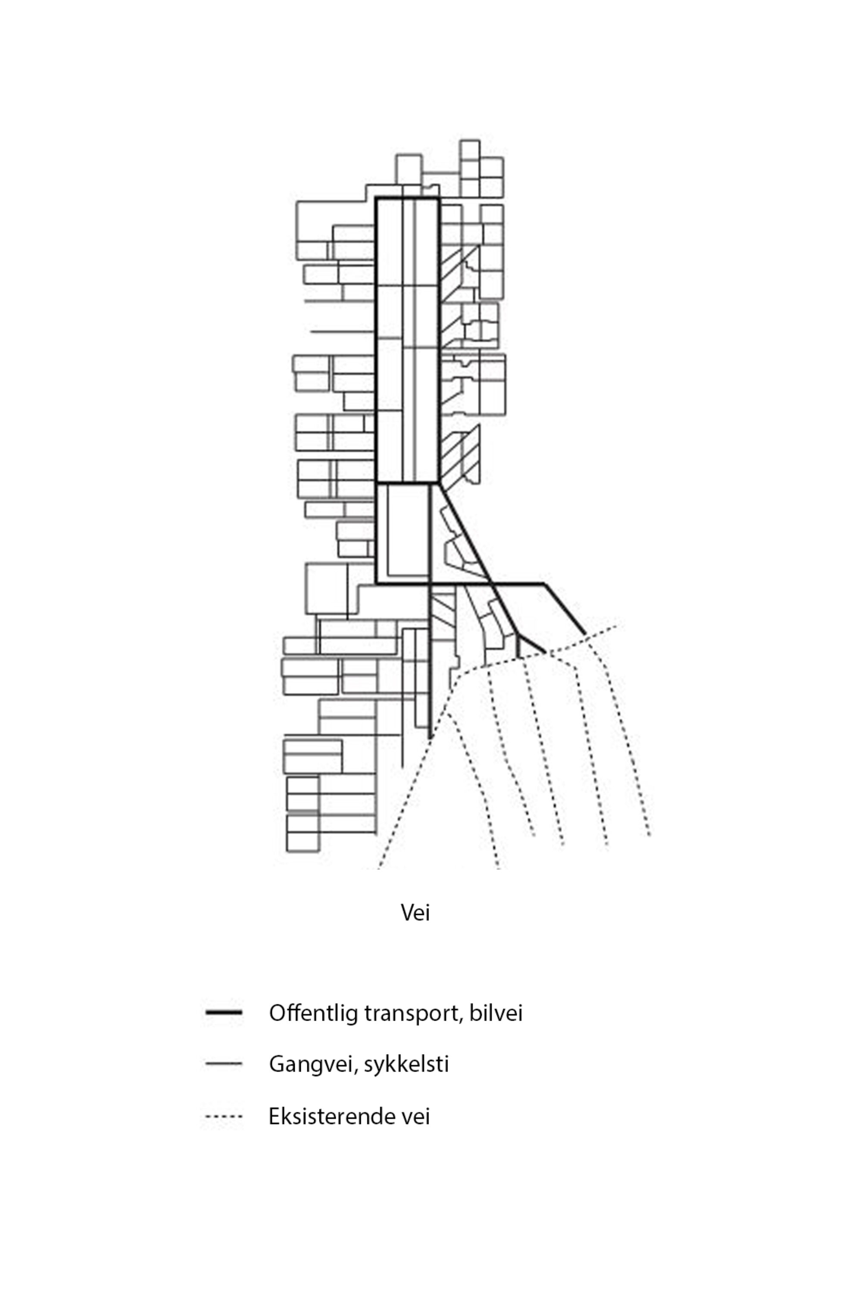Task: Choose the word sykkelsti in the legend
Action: click(406, 1065)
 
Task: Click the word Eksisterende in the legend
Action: click(329, 1117)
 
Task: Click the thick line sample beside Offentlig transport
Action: click(223, 1012)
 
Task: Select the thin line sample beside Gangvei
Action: click(223, 1064)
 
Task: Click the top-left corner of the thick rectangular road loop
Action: click(377, 198)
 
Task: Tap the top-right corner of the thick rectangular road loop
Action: click(439, 198)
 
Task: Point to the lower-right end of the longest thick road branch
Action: click(584, 633)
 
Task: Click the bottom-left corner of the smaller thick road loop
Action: click(377, 583)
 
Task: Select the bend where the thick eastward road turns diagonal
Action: click(543, 583)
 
